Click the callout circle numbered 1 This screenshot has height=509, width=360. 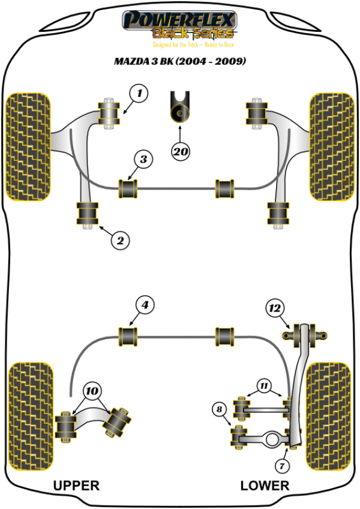click(139, 93)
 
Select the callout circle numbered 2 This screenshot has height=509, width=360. click(120, 241)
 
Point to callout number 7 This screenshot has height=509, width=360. click(282, 465)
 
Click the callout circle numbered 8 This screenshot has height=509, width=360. click(220, 410)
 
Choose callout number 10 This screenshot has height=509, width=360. click(92, 391)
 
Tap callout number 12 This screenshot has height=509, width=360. click(275, 309)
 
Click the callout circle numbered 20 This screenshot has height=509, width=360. click(180, 152)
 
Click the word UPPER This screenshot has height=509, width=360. click(76, 485)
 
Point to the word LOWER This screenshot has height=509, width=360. click(265, 485)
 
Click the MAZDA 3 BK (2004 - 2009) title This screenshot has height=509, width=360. click(180, 62)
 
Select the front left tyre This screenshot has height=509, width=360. click(28, 146)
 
